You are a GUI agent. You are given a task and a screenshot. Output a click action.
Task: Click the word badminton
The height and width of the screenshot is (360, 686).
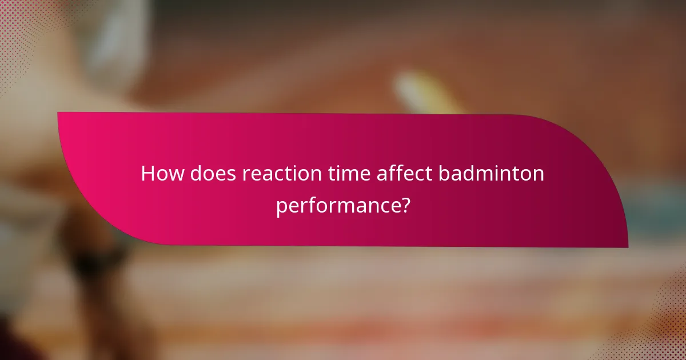tap(492, 173)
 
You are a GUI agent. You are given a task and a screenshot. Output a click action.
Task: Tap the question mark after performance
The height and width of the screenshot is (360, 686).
tap(404, 205)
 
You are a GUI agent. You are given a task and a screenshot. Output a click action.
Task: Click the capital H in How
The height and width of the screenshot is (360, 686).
tap(147, 173)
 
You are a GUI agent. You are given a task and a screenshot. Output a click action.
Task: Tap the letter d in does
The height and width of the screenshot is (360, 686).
tap(197, 173)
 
